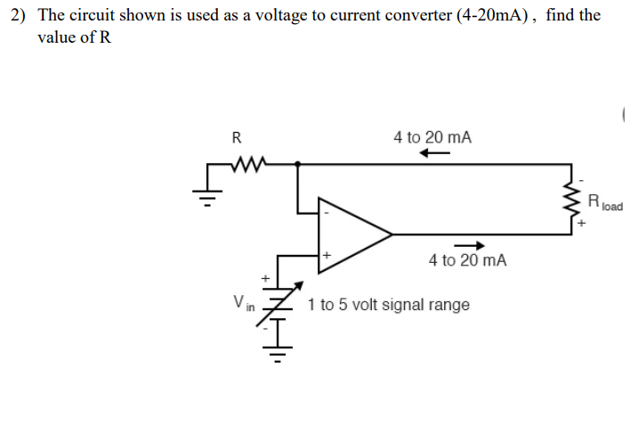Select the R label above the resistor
(x=236, y=138)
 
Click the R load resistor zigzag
(x=572, y=200)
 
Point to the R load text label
(x=604, y=201)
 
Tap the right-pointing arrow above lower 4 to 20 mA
(x=469, y=246)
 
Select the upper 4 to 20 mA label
(x=432, y=137)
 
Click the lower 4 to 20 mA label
(x=467, y=260)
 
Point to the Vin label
(x=242, y=303)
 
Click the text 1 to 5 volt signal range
(x=389, y=305)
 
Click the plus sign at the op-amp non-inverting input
(x=327, y=255)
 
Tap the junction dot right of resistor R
(x=298, y=164)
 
